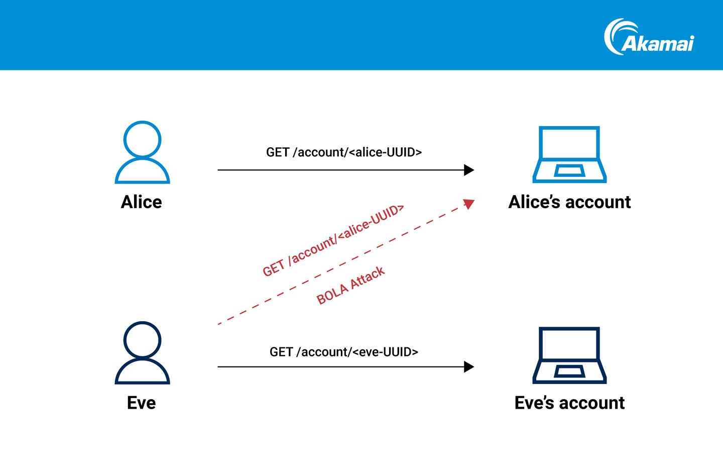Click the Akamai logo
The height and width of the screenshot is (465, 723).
point(649,37)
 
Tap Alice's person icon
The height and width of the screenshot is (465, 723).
point(142,153)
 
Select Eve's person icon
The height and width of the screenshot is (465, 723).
point(142,353)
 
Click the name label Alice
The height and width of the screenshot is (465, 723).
point(141,202)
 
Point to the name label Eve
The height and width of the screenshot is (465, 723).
point(141,403)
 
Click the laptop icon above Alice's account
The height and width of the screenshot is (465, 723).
point(569,154)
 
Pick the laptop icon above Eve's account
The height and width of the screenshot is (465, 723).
point(569,355)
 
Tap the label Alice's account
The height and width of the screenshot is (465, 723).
point(569,202)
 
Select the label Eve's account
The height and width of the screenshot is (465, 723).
point(569,403)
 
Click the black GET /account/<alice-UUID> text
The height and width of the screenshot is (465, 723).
point(344,152)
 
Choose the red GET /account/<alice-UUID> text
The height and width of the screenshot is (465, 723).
point(333,240)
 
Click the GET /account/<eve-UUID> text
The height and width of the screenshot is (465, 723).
point(344,352)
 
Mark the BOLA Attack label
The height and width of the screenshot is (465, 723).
point(350,286)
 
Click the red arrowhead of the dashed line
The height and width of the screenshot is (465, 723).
point(469,204)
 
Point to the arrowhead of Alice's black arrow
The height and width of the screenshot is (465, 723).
point(469,170)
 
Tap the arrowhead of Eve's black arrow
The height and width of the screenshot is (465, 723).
point(469,367)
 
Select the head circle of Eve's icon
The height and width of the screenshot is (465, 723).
point(142,340)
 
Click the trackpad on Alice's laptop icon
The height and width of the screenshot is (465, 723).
point(569,170)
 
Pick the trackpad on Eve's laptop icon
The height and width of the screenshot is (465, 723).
point(569,371)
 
